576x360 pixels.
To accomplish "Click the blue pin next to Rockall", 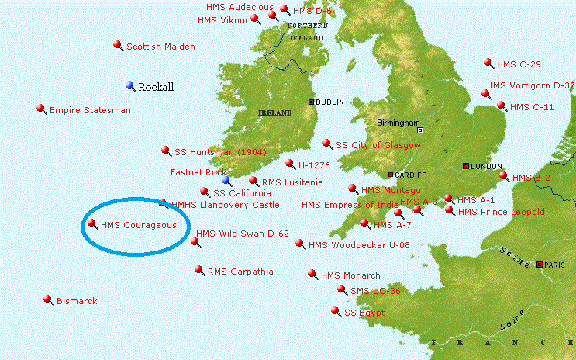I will (130, 85).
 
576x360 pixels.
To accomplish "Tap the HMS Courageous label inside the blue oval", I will (133, 225).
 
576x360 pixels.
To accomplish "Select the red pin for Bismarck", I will (48, 299).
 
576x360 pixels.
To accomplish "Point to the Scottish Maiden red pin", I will (118, 45).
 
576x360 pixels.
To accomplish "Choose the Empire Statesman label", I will (90, 110).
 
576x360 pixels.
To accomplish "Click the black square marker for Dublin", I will (312, 102).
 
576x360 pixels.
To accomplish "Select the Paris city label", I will (554, 265).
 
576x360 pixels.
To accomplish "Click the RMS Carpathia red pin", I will (199, 270).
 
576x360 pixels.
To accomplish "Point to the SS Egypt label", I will (364, 313).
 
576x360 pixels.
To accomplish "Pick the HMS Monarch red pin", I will (312, 274).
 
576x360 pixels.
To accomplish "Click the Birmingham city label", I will (395, 123).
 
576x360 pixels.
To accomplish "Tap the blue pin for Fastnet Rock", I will (226, 179).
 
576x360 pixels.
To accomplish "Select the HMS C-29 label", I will (519, 64).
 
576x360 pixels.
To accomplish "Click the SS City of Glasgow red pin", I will (327, 143).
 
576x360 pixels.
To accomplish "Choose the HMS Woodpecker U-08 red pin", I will (300, 243).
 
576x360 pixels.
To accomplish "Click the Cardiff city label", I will (411, 175).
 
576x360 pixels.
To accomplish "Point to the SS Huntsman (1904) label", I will (220, 151).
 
